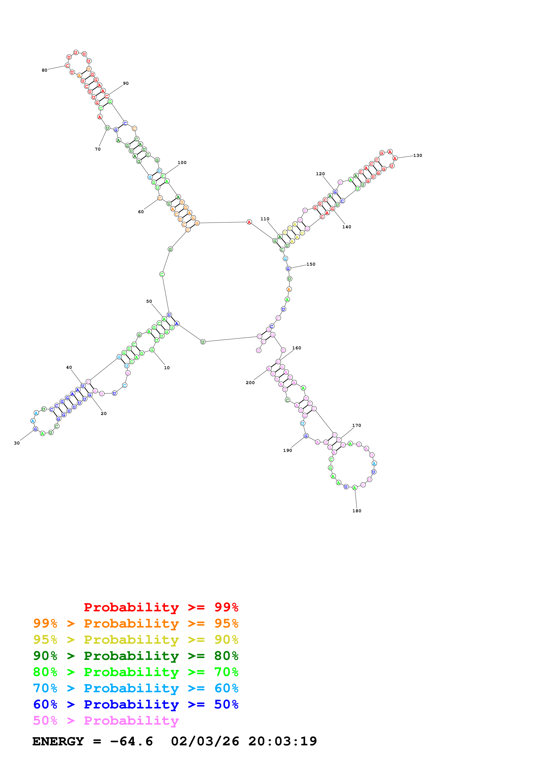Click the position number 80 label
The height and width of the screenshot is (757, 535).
coord(44,70)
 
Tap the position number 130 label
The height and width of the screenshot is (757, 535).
coord(418,156)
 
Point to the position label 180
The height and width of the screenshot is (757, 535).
coord(357,511)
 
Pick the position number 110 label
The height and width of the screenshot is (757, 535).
coord(265,219)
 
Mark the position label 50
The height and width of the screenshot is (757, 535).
coord(149,301)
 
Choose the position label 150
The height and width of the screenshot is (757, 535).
coord(311,264)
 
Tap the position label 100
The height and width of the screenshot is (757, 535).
coord(182,162)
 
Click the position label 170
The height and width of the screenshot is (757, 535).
coord(357,426)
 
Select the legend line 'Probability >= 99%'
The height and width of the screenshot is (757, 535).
coord(161,607)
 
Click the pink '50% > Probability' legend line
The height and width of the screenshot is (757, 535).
coord(106,721)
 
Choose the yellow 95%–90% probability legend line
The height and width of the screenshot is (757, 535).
coord(136,640)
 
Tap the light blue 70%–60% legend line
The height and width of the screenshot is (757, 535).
coord(136,688)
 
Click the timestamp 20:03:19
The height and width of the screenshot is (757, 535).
coord(282,741)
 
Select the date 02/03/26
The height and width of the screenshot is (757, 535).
coord(205,741)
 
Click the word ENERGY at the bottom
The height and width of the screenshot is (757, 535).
coord(58,741)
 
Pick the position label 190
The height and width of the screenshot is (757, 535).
coord(287,450)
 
